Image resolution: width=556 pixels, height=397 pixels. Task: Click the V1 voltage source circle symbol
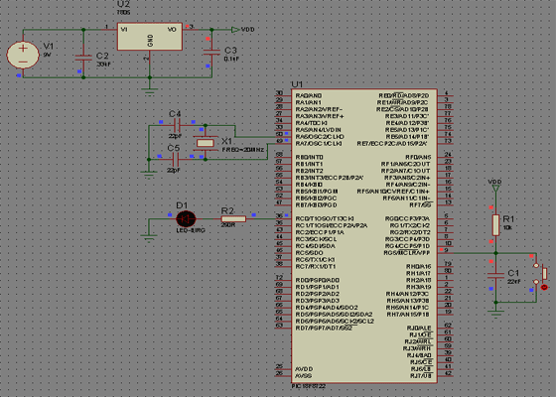[x=21, y=55]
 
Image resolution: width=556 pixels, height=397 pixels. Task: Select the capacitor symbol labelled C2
[x=83, y=56]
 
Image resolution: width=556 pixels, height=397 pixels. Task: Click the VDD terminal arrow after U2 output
[x=235, y=29]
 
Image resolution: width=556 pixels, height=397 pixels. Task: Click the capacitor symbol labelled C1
[x=495, y=272]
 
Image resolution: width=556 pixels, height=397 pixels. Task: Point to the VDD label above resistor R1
[x=495, y=183]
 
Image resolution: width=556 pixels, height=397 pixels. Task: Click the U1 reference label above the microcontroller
[x=297, y=82]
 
